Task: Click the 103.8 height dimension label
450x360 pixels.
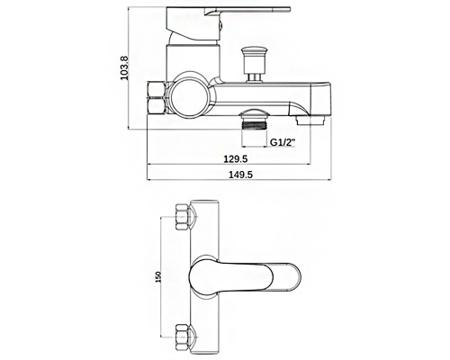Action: pyautogui.click(x=124, y=68)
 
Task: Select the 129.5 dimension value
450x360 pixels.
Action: pyautogui.click(x=236, y=158)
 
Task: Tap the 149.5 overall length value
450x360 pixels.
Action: pyautogui.click(x=241, y=175)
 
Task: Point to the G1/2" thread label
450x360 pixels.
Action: pyautogui.click(x=283, y=142)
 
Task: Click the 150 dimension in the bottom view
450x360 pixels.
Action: pyautogui.click(x=158, y=277)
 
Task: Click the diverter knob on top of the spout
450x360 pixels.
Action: pyautogui.click(x=255, y=64)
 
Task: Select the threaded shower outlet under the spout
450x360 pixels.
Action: pyautogui.click(x=255, y=120)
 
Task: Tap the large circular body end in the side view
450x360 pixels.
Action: pyautogui.click(x=189, y=95)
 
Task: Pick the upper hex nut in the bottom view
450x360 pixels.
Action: pyautogui.click(x=182, y=217)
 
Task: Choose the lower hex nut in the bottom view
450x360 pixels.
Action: pyautogui.click(x=182, y=337)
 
